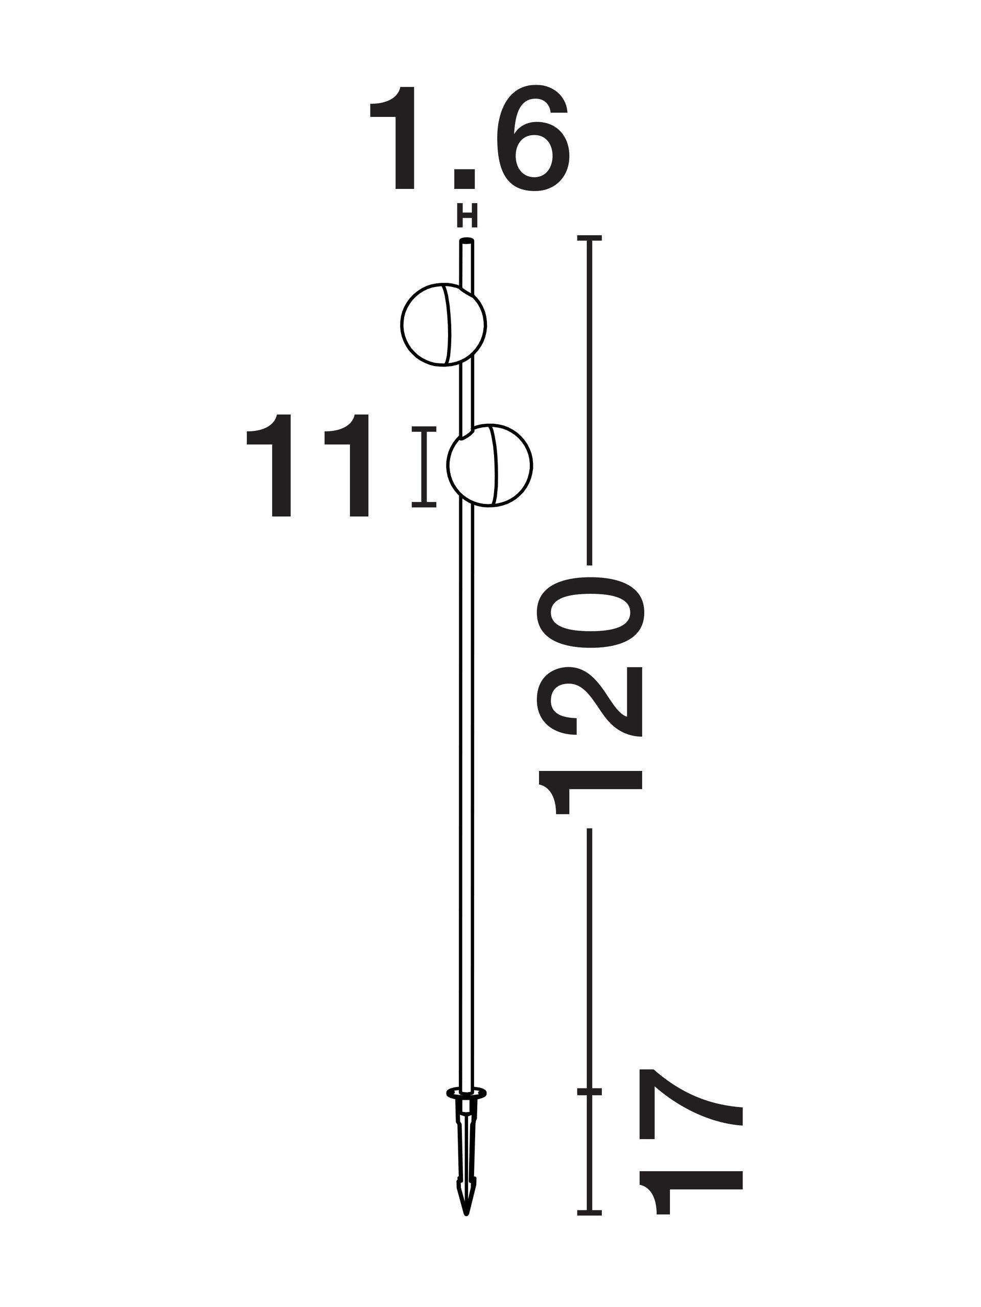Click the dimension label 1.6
[x=470, y=138]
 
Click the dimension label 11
[x=308, y=465]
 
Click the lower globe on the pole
[x=489, y=465]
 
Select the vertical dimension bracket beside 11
[x=424, y=466]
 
